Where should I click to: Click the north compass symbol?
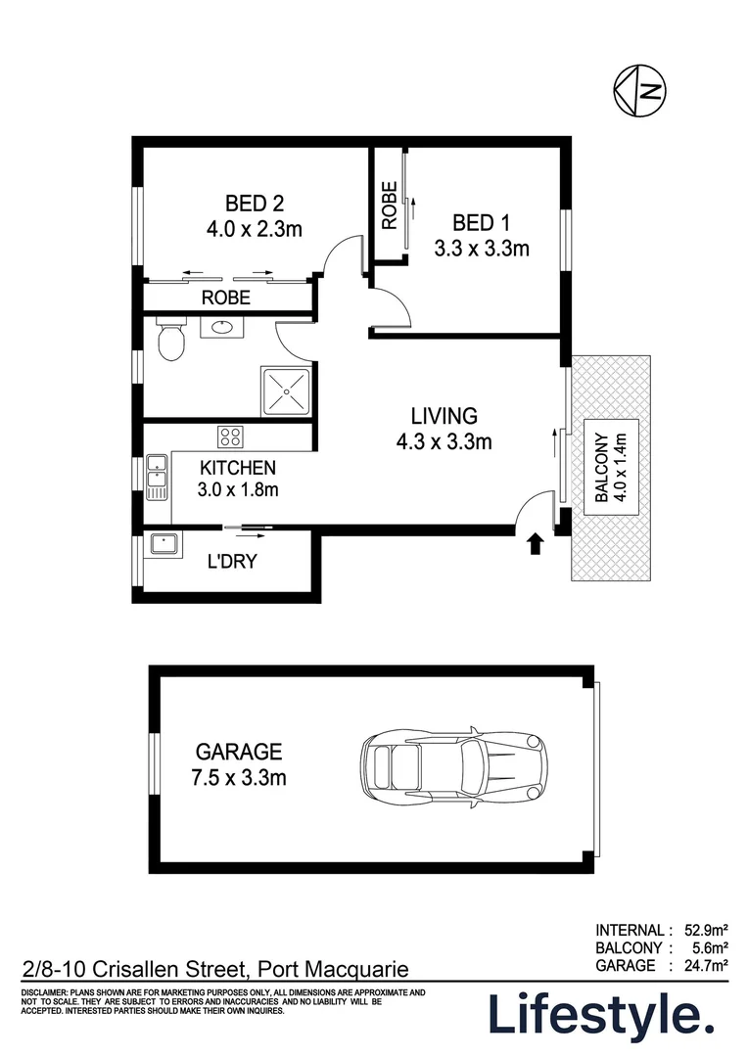click(639, 91)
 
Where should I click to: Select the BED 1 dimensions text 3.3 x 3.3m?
click(481, 249)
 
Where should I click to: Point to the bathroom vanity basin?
click(224, 327)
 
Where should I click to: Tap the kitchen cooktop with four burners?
click(230, 437)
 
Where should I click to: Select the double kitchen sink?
click(157, 476)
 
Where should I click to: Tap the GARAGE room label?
click(239, 752)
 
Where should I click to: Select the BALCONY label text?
click(601, 469)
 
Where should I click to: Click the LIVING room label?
click(444, 414)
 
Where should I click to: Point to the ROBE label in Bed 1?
click(389, 206)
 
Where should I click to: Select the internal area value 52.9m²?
click(704, 930)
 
